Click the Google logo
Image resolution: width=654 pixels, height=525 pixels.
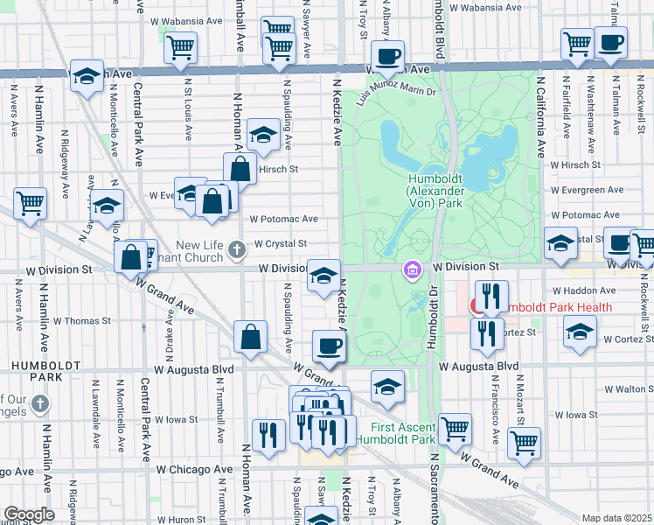tap(29, 514)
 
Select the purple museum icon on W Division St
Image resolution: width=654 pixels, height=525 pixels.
tap(410, 271)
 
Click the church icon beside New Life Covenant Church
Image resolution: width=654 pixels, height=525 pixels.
tap(235, 252)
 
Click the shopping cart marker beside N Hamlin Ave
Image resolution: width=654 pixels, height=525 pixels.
tap(30, 203)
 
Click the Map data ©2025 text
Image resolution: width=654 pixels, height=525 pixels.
tap(616, 518)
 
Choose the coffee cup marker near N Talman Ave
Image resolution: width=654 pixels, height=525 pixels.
tap(610, 41)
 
